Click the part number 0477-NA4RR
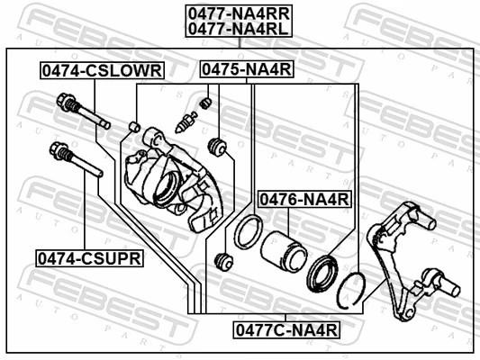point(238,13)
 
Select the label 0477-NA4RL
point(238,29)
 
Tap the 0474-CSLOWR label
point(100,70)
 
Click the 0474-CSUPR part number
point(89,258)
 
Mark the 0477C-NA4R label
point(286,329)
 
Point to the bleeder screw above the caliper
point(187,121)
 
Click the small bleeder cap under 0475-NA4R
point(206,103)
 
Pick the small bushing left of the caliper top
point(134,125)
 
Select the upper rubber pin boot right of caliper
point(216,146)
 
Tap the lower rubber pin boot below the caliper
point(225,262)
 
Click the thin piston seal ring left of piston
point(247,232)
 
